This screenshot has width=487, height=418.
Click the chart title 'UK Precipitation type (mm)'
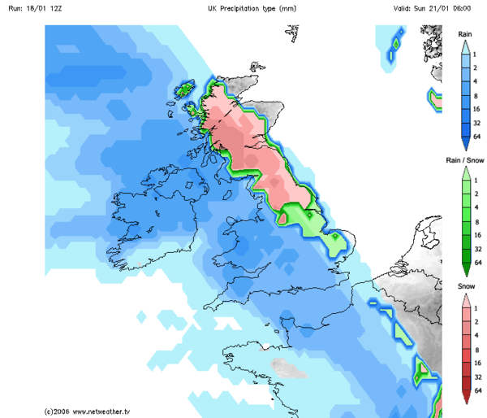click(252, 8)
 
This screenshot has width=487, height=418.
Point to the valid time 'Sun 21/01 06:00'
click(452, 8)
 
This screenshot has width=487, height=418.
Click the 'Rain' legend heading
click(465, 34)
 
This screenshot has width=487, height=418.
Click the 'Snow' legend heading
click(465, 288)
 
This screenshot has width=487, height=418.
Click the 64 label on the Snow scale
click(478, 391)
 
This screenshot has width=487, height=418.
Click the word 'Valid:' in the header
click(405, 8)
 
